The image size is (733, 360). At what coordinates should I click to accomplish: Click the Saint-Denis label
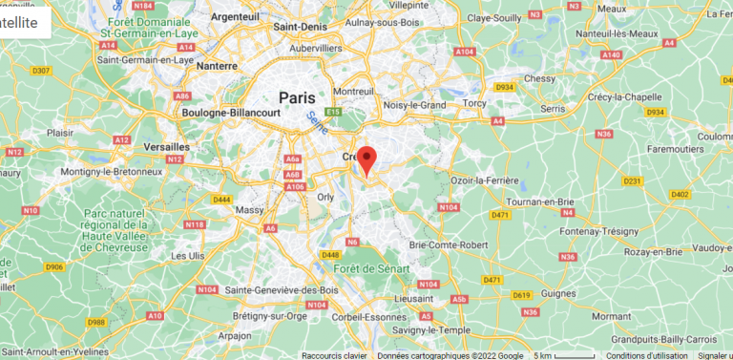coord(302,27)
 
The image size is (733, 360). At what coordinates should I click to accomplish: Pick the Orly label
coord(325,197)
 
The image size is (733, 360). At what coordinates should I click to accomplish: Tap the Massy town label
coord(250,208)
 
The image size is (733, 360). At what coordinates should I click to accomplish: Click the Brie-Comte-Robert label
coord(449,245)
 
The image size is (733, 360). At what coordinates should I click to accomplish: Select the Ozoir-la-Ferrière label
coord(491,180)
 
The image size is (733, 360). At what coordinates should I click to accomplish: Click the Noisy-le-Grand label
coord(414,105)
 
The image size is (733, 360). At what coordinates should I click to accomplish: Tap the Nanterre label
coord(217,67)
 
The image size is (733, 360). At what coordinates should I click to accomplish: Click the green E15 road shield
coord(332,112)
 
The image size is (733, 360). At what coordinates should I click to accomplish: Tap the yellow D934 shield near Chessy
coord(505,87)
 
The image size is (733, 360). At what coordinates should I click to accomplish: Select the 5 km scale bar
coord(563,355)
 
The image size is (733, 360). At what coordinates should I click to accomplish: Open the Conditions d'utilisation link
coord(646,355)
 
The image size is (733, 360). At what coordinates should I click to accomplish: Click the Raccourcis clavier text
coord(334,355)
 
